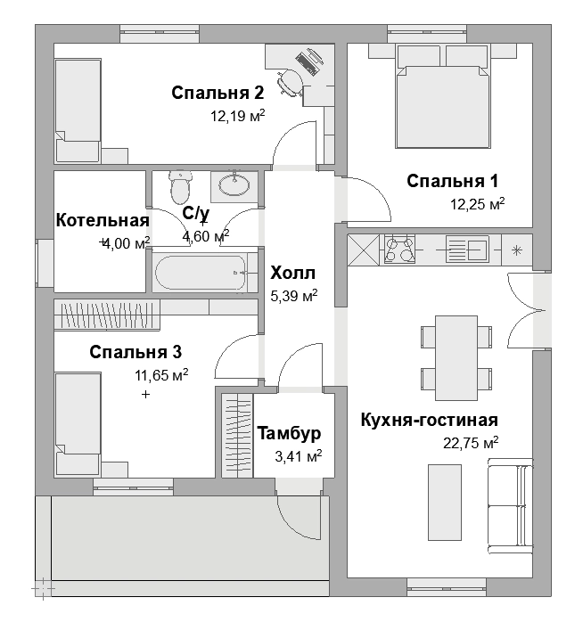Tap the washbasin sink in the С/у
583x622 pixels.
pyautogui.click(x=234, y=184)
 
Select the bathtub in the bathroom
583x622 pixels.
pyautogui.click(x=201, y=273)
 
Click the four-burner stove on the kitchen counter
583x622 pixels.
pyautogui.click(x=399, y=250)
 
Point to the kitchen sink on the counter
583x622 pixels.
pyautogui.click(x=467, y=250)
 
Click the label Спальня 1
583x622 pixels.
pyautogui.click(x=453, y=181)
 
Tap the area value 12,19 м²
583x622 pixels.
pyautogui.click(x=238, y=116)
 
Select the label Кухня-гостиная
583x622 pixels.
pyautogui.click(x=430, y=420)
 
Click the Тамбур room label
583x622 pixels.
pyautogui.click(x=289, y=433)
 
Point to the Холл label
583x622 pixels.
pyautogui.click(x=293, y=274)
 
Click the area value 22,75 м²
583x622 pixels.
pyautogui.click(x=471, y=443)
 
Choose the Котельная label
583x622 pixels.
pyautogui.click(x=103, y=221)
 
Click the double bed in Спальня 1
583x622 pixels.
pyautogui.click(x=443, y=96)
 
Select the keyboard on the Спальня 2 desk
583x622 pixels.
pyautogui.click(x=306, y=64)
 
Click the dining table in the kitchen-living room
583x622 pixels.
pyautogui.click(x=456, y=358)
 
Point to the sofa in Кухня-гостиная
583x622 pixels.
pyautogui.click(x=510, y=506)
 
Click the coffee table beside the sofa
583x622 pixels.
pyautogui.click(x=445, y=503)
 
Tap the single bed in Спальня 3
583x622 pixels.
pyautogui.click(x=78, y=424)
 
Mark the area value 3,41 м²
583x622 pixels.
pyautogui.click(x=299, y=456)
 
